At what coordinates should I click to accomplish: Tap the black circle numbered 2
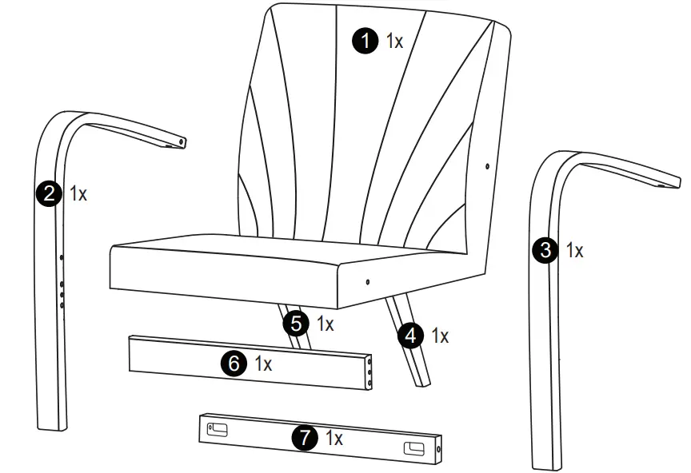tap(50, 193)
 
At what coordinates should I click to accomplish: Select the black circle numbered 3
tap(545, 250)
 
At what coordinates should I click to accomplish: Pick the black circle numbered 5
tap(297, 324)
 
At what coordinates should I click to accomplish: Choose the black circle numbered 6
tap(234, 364)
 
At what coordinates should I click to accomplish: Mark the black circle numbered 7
tap(304, 437)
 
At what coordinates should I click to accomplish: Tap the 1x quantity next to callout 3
tap(574, 251)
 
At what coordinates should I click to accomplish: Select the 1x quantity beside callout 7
tap(334, 438)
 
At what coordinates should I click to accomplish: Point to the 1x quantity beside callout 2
tap(78, 193)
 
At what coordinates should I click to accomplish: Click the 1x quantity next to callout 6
tap(264, 364)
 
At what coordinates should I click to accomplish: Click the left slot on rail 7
tap(218, 431)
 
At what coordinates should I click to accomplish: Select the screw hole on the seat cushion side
tap(367, 281)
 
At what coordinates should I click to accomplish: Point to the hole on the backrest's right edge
tap(487, 166)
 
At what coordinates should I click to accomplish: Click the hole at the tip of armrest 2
tap(182, 141)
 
